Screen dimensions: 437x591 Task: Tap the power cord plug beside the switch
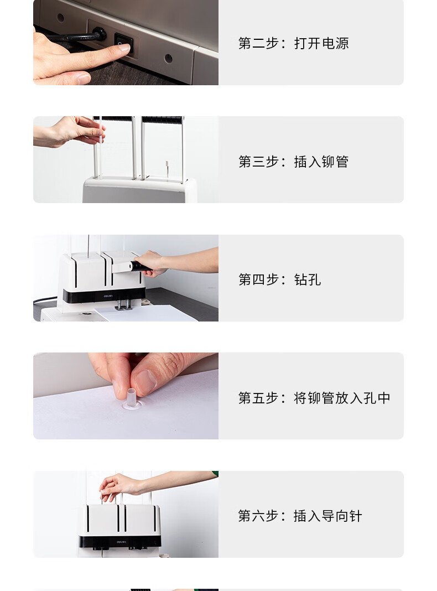point(98,34)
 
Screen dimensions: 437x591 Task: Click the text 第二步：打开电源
point(294,43)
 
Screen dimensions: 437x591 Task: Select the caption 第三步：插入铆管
point(294,162)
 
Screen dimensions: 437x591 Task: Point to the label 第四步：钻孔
point(279,279)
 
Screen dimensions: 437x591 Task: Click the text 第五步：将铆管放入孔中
point(314,398)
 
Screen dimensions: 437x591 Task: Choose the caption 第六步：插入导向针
point(300,516)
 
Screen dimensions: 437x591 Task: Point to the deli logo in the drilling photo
point(108,296)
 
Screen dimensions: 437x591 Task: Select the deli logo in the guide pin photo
point(121,542)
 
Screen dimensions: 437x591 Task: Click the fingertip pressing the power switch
point(124,48)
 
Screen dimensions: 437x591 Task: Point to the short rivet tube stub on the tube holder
point(167,168)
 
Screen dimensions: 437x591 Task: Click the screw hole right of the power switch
point(168,59)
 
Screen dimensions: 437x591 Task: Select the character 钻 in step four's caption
point(300,279)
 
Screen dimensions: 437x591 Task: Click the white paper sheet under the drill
point(147,313)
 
